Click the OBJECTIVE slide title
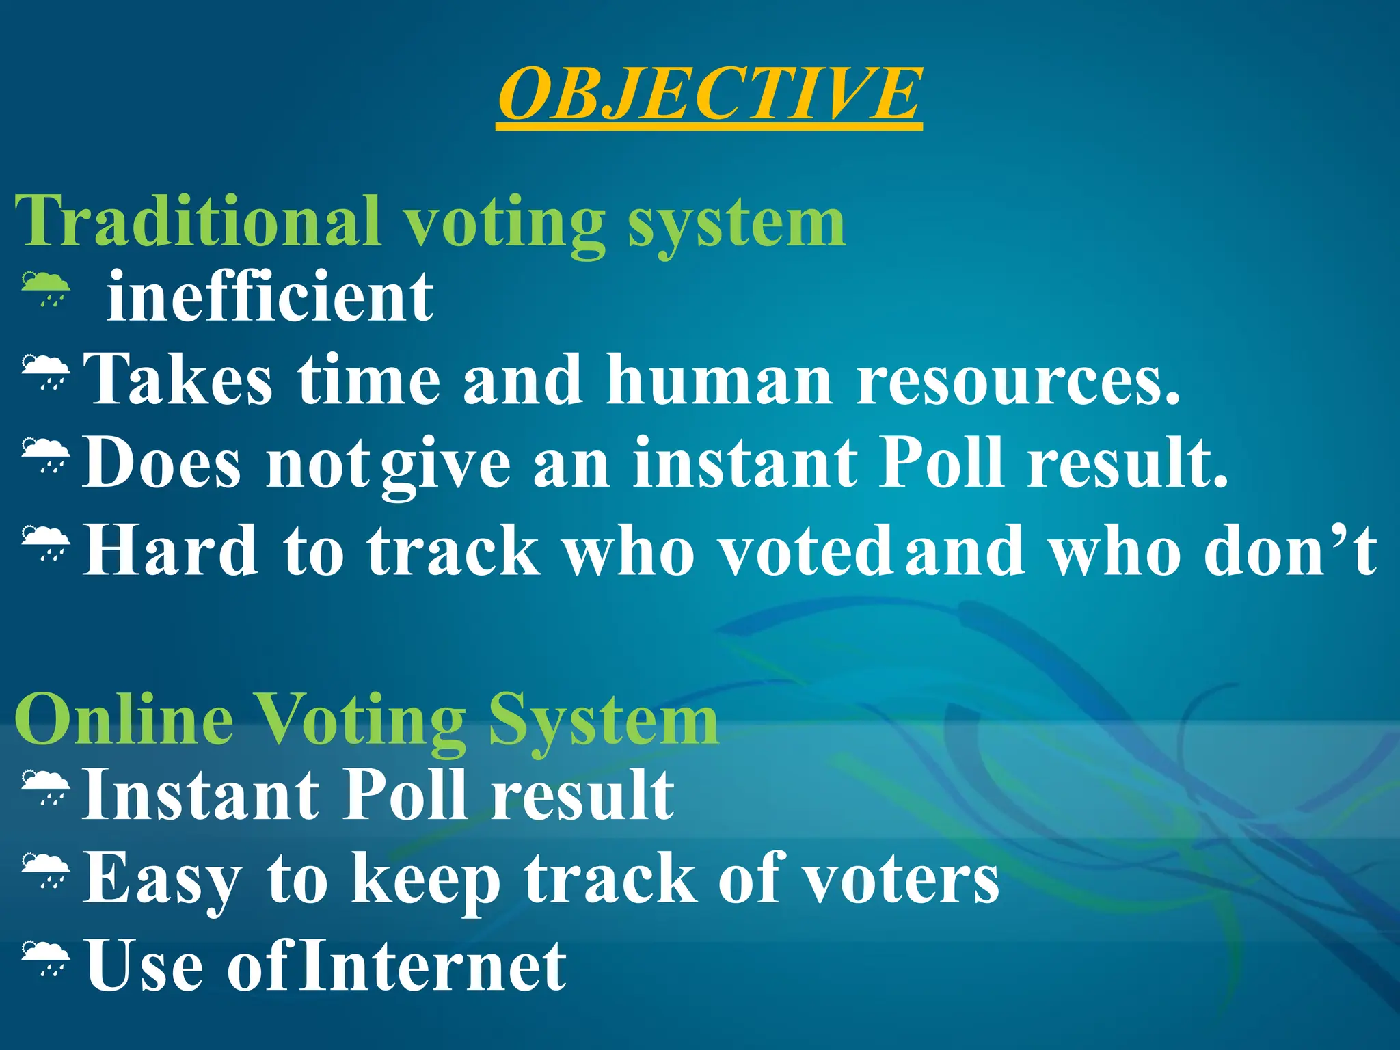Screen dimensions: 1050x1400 point(709,94)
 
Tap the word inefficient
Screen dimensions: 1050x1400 point(270,297)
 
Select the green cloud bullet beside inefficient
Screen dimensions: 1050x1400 point(45,288)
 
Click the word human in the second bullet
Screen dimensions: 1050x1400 point(718,380)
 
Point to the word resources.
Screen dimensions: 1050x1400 point(1018,380)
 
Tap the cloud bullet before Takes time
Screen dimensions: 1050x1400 point(45,371)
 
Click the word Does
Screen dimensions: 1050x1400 point(161,463)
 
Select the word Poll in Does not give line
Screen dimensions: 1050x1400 point(941,463)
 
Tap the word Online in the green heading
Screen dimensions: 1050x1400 point(124,719)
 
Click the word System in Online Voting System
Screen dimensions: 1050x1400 point(603,719)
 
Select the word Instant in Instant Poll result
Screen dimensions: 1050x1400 point(200,794)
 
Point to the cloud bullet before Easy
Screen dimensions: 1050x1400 point(45,872)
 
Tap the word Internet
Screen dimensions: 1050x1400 point(433,965)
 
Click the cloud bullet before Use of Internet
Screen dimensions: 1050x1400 point(45,957)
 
